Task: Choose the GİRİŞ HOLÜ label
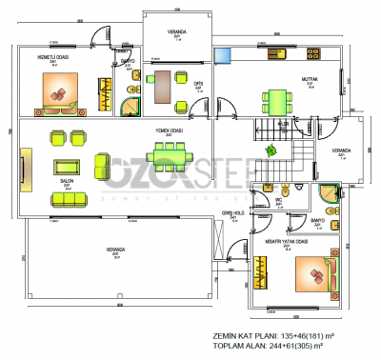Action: [233, 213]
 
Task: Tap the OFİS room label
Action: [199, 83]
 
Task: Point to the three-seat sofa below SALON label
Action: [68, 197]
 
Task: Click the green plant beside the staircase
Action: [271, 149]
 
